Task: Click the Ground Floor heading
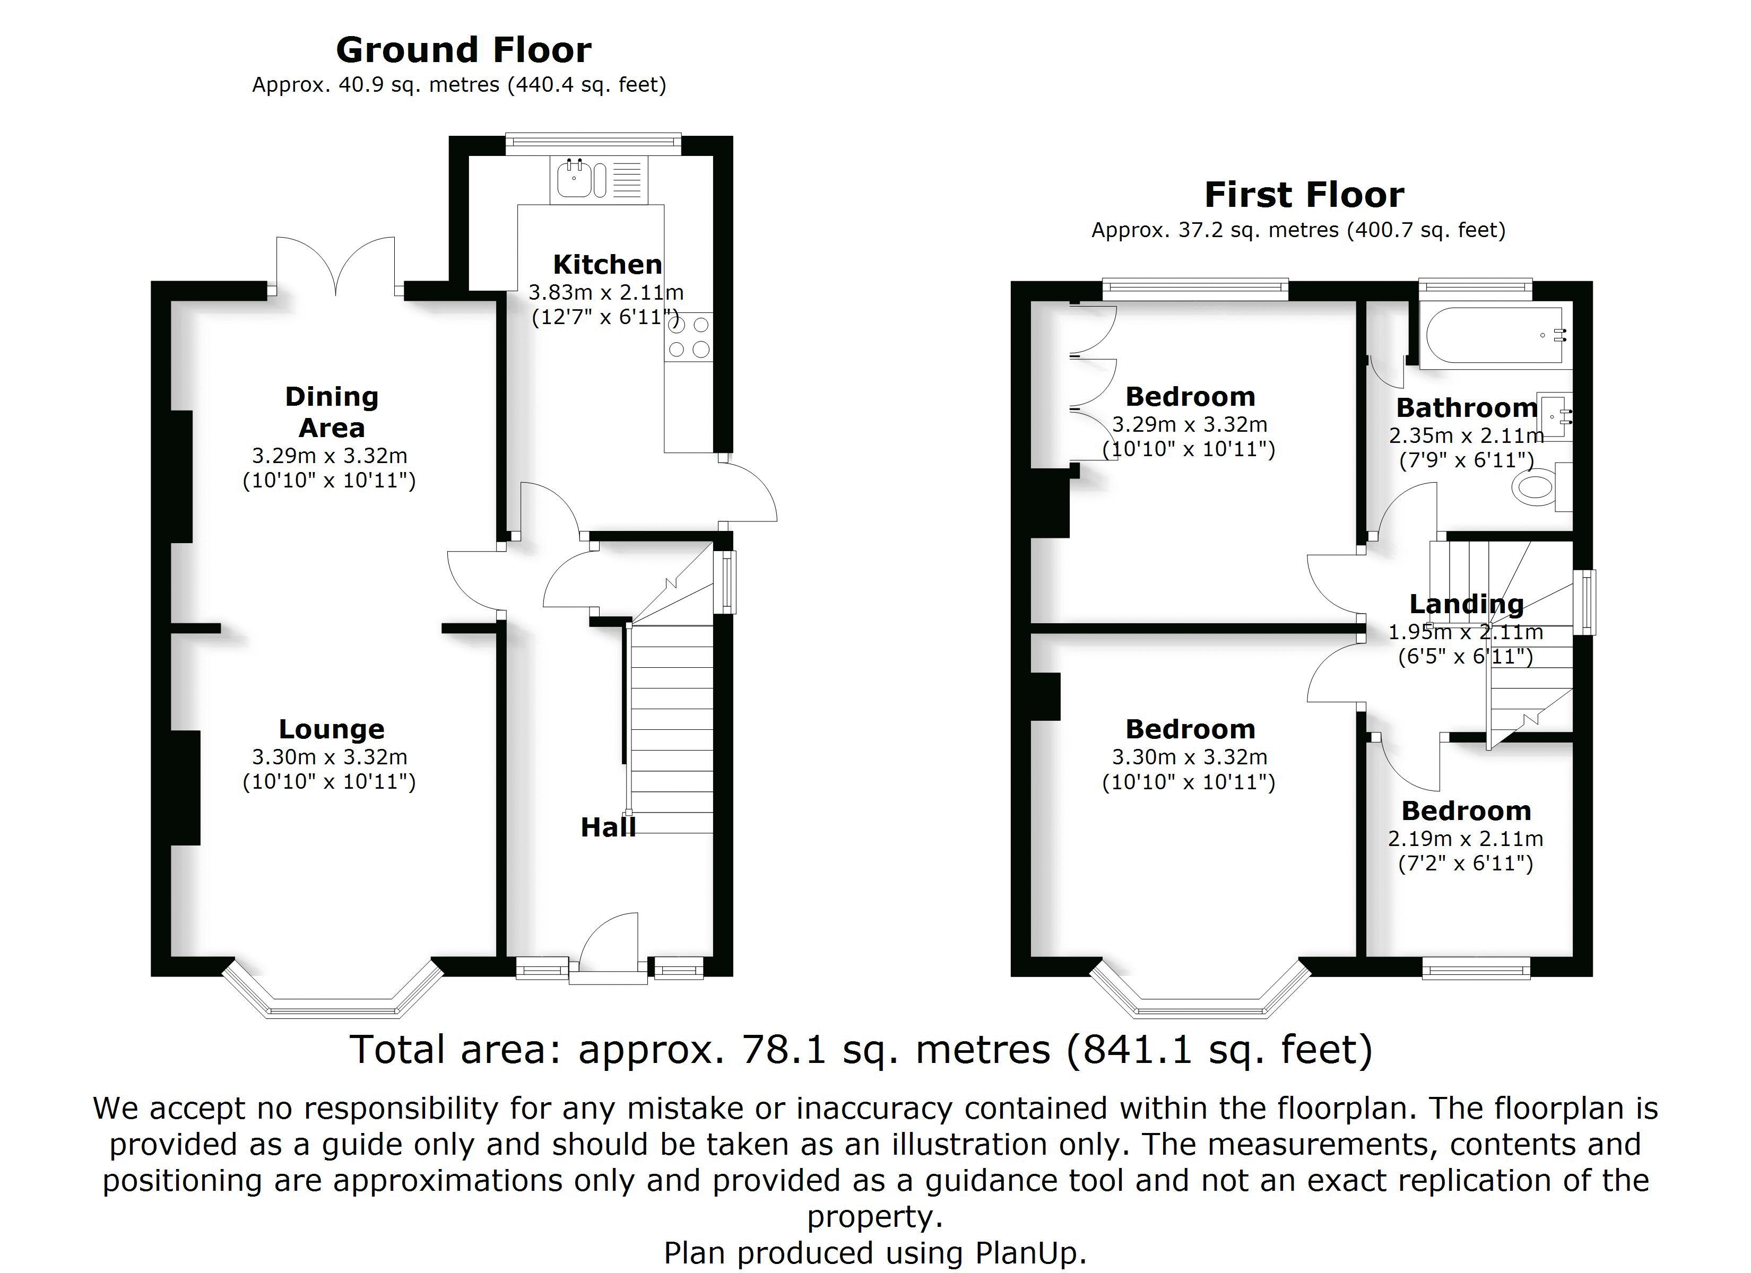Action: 463,50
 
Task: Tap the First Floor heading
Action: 1304,195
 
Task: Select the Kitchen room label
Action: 608,265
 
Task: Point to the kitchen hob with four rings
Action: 689,337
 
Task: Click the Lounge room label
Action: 331,729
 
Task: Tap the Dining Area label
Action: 332,412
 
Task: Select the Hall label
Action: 609,827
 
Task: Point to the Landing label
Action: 1466,605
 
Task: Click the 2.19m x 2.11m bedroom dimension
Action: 1466,839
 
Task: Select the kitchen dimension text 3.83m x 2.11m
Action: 606,293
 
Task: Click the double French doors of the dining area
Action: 336,266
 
